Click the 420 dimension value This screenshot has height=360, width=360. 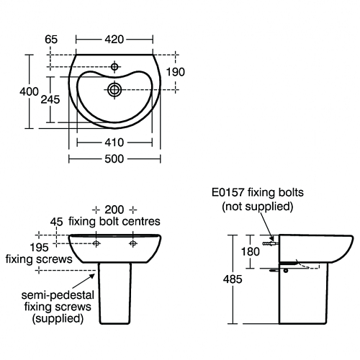point(114,40)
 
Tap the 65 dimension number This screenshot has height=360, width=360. point(51,40)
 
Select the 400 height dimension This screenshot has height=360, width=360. point(29,91)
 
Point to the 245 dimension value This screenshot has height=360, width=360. point(50,99)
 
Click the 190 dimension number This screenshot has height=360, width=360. point(176,72)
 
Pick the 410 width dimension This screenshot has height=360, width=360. point(114,143)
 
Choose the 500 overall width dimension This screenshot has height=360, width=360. point(114,159)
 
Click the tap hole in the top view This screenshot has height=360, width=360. point(114,66)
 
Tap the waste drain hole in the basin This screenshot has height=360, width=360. point(114,90)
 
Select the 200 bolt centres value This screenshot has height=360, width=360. point(114,210)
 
